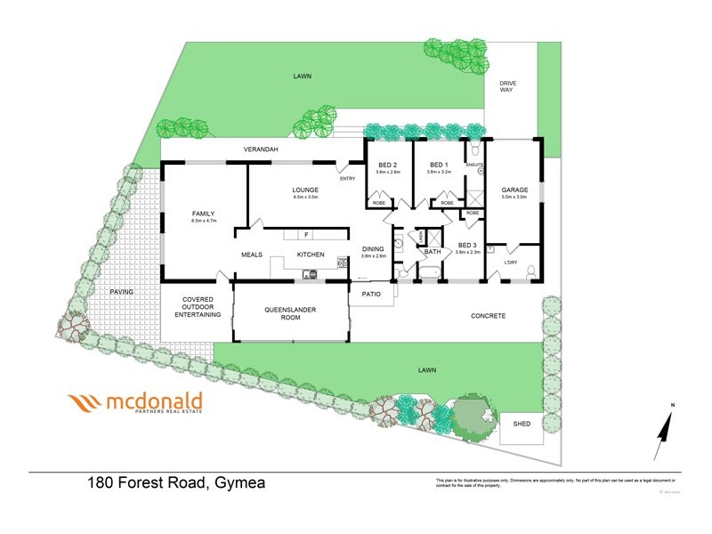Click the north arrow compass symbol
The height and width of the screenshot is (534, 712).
(663, 434)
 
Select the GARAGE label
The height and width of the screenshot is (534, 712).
(514, 190)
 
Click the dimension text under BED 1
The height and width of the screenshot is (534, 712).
(440, 172)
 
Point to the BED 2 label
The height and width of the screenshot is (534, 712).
(388, 165)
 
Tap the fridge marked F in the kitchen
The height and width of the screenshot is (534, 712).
(305, 235)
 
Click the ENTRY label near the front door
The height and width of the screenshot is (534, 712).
(347, 179)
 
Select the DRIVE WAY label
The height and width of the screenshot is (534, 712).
(506, 87)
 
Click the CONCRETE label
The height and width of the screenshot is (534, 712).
(488, 316)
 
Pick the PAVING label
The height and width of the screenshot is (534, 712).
(121, 292)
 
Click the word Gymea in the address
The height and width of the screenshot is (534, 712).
(239, 483)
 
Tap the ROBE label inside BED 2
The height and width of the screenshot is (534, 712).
(377, 203)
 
